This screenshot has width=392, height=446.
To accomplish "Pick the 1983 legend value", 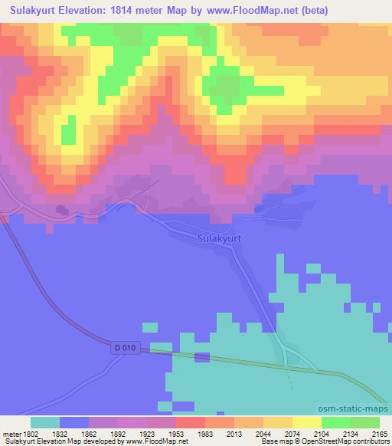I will click(205, 433).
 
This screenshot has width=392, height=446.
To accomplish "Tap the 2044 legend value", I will click(263, 433).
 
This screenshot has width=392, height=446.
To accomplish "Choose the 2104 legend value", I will click(320, 433).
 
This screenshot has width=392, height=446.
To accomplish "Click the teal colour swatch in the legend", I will click(45, 422).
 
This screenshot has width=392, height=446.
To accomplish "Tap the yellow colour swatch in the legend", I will click(306, 422).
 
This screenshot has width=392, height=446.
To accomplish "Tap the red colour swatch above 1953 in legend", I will click(191, 422).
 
